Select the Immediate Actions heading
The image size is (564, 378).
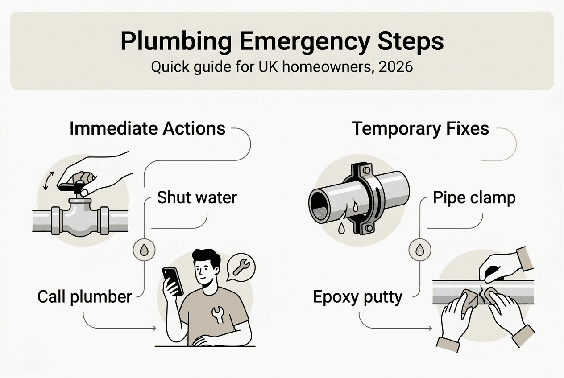(x=147, y=128)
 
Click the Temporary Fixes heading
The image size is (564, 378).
(x=420, y=128)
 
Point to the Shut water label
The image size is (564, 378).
(x=197, y=197)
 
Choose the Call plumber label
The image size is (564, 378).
(x=85, y=297)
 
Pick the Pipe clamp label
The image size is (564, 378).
(x=474, y=198)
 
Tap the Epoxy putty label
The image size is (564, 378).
(x=357, y=297)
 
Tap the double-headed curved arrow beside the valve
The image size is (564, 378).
(x=48, y=181)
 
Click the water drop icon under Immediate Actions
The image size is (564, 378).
(x=144, y=250)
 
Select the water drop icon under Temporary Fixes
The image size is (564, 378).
(x=420, y=250)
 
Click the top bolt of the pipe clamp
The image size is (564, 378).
(x=367, y=170)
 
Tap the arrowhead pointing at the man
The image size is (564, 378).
(x=154, y=328)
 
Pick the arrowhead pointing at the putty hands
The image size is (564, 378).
(x=430, y=328)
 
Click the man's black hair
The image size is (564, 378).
(x=206, y=259)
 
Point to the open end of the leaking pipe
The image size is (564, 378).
(x=318, y=205)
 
